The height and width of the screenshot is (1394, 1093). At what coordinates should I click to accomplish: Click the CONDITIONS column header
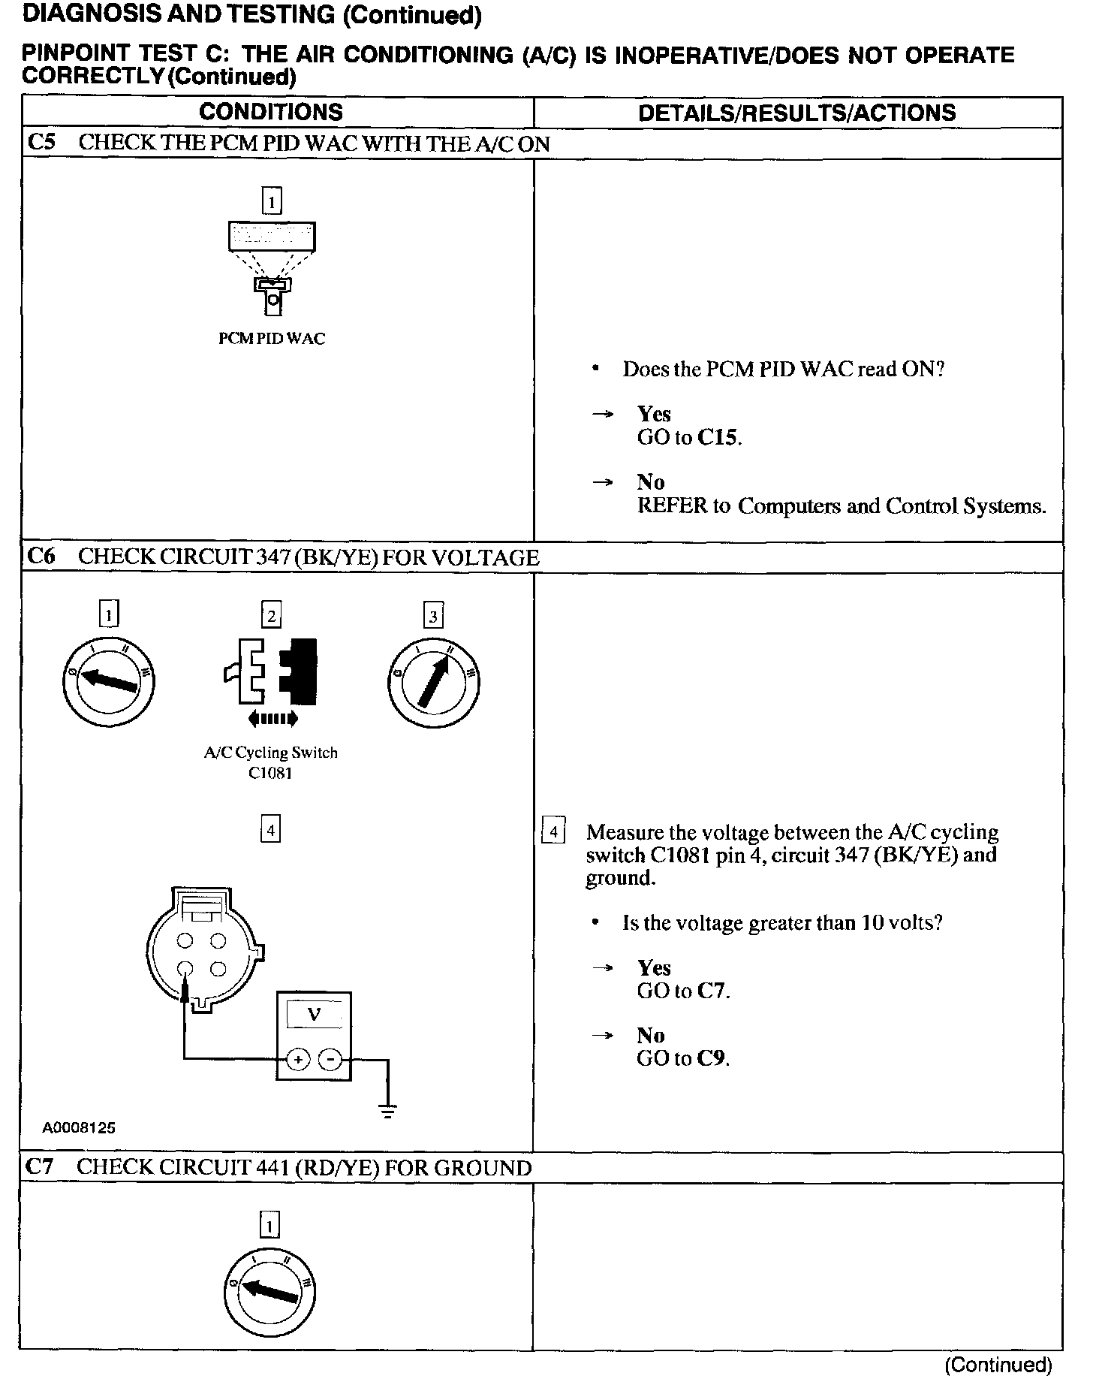coord(271,113)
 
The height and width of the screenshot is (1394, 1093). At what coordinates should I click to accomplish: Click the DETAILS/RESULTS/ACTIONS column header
coord(796,113)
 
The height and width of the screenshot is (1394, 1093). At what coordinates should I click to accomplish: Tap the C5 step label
coord(41,143)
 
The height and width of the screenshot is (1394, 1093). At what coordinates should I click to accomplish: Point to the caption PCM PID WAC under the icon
coord(272,339)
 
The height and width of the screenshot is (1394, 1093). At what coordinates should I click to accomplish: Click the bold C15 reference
coord(718,438)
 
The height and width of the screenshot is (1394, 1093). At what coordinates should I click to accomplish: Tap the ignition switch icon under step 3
coord(434,681)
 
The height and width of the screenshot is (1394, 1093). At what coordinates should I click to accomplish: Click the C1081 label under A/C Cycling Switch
coord(270,773)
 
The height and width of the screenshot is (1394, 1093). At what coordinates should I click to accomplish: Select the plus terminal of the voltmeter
coord(298,1060)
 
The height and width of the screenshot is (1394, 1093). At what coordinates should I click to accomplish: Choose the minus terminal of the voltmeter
coord(330,1060)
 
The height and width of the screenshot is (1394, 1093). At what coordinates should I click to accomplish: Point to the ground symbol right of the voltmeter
coord(387,1112)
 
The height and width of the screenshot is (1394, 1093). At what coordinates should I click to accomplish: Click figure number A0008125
coord(79,1127)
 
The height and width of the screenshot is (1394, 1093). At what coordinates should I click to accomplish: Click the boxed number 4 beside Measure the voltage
coord(553,831)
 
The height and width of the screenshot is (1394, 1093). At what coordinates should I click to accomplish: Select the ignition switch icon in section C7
coord(269,1290)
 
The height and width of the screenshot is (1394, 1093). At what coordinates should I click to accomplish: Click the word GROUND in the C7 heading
coord(483,1168)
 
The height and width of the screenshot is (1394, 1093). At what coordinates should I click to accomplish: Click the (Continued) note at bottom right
coord(998,1364)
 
